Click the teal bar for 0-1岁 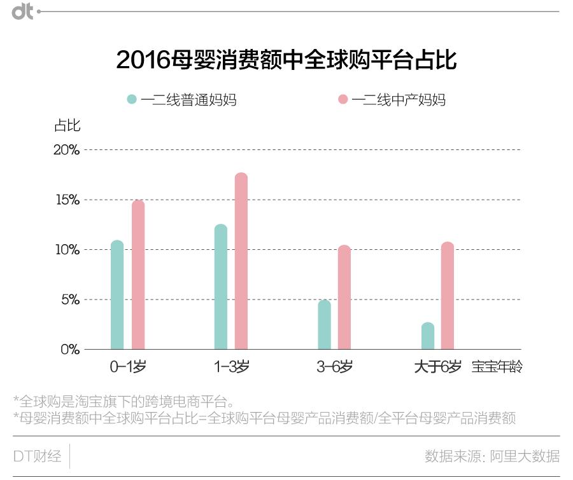tap(117, 296)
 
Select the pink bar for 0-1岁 tap(138, 275)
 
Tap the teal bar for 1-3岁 tap(221, 287)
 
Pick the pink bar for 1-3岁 tap(241, 261)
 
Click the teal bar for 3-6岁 tap(324, 325)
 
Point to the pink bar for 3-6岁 tap(344, 298)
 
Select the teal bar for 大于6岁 tap(428, 336)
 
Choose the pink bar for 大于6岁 tap(448, 296)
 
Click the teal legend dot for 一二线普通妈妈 tap(132, 100)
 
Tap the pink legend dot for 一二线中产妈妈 tap(343, 100)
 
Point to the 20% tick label tap(66, 150)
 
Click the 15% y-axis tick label tap(66, 200)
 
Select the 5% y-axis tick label tap(70, 299)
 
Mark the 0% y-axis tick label tap(70, 349)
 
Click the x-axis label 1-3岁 tap(231, 367)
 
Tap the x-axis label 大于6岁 tap(437, 367)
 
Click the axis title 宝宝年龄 tap(497, 367)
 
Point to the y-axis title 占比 tap(67, 125)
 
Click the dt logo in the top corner tap(23, 11)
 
